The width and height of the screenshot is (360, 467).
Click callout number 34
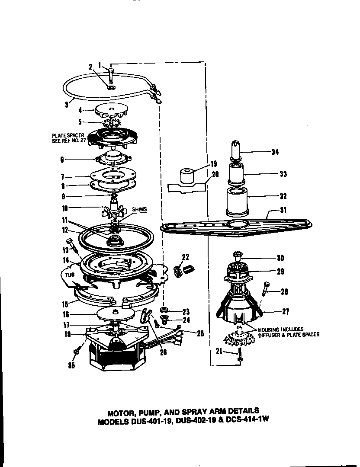click(275, 152)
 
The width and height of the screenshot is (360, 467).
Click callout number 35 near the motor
click(71, 365)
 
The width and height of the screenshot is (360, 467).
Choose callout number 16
click(65, 315)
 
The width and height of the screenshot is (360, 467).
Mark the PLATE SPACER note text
click(68, 138)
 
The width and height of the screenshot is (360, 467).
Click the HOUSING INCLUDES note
click(288, 332)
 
